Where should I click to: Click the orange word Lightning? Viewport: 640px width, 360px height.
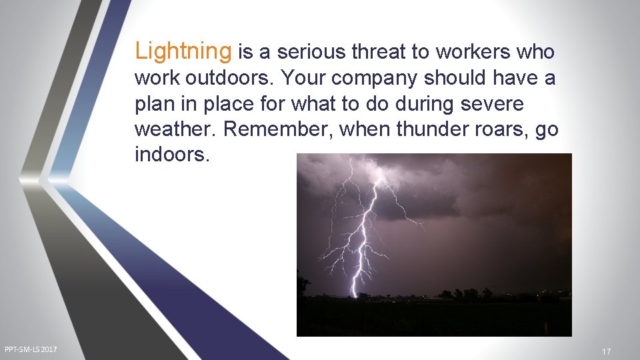click(x=183, y=51)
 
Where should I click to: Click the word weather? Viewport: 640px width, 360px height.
click(x=175, y=129)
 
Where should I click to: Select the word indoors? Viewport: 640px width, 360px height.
click(x=172, y=155)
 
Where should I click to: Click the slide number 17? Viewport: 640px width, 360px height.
click(x=606, y=351)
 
